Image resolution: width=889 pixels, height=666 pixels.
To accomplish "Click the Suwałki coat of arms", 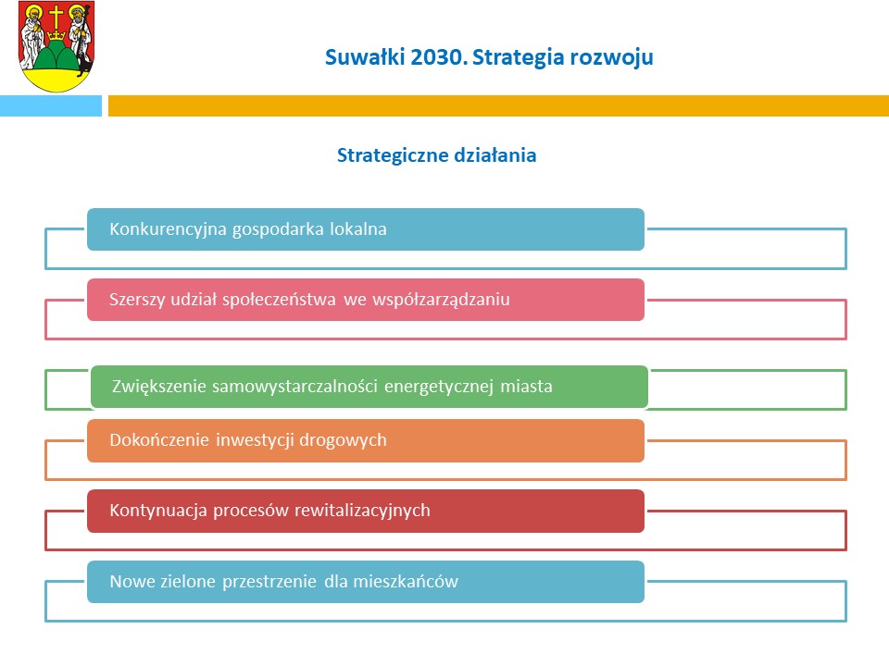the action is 56,46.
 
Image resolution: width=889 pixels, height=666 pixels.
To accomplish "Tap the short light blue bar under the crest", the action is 50,105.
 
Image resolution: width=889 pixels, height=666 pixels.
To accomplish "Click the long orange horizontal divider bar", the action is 498,105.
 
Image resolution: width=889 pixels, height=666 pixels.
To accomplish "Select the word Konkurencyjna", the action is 168,229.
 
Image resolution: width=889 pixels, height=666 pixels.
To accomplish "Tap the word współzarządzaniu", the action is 441,300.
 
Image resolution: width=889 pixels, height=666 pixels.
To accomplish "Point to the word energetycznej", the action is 439,387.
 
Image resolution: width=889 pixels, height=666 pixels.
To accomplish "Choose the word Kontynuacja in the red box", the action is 158,511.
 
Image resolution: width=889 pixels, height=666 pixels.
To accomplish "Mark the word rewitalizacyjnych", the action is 362,511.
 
